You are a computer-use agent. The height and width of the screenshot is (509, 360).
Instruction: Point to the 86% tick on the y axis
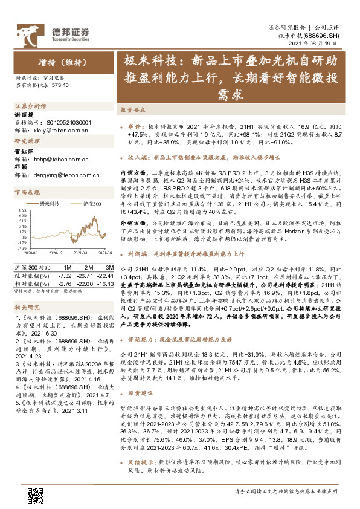pos(23,210)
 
